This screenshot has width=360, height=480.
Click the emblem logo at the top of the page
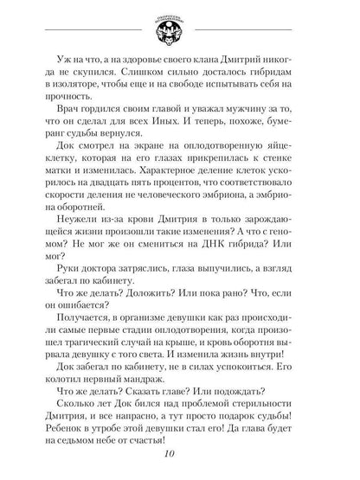pos(181,26)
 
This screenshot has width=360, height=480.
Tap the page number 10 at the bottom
pos(180,458)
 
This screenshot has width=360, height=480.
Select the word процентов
pos(206,208)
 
